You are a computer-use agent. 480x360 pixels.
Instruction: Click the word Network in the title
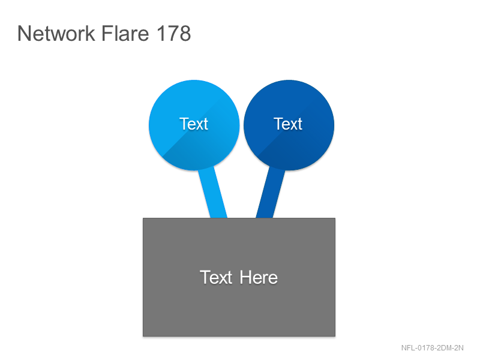pos(56,33)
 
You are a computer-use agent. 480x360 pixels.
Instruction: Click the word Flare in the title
pos(125,33)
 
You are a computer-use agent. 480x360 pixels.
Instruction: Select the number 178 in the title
pos(174,33)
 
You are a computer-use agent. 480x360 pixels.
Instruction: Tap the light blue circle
pos(194,125)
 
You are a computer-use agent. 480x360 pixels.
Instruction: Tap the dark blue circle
pos(289,125)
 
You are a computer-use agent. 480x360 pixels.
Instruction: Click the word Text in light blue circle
pos(194,124)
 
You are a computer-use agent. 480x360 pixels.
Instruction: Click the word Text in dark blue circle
pos(288,124)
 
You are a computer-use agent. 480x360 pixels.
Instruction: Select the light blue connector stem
pos(213,193)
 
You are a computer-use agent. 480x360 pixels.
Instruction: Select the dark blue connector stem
pos(271,193)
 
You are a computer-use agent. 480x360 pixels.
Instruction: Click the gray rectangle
pos(239,277)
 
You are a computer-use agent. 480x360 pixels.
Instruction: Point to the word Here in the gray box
pos(259,277)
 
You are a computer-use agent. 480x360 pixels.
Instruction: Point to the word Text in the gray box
pos(216,277)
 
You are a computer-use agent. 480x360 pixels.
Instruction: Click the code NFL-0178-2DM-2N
pos(432,348)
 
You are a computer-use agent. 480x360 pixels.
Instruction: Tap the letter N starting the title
pos(24,33)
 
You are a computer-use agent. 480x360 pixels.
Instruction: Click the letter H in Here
pos(245,277)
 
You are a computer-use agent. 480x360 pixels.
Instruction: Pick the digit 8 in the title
pos(185,33)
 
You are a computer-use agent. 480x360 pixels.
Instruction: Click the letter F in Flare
pos(107,33)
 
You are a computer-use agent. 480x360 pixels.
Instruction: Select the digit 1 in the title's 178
pos(161,33)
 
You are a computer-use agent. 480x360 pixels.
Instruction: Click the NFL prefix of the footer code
pos(408,348)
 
